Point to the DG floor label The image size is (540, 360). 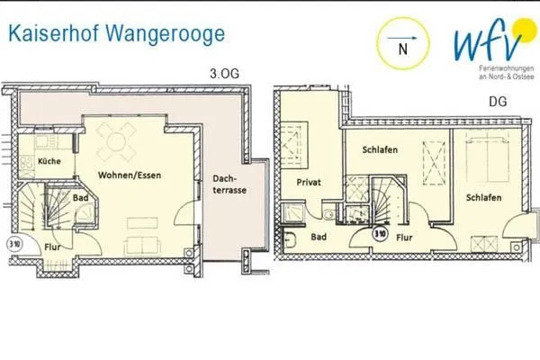[497, 102]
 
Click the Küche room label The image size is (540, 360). [49, 162]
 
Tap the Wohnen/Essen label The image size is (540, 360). [130, 175]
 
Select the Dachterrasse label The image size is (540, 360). [226, 185]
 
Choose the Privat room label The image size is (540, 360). [310, 183]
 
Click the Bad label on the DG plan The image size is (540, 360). [318, 238]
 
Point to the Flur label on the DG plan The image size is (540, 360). [405, 238]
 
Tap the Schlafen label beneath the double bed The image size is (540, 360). [483, 198]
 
